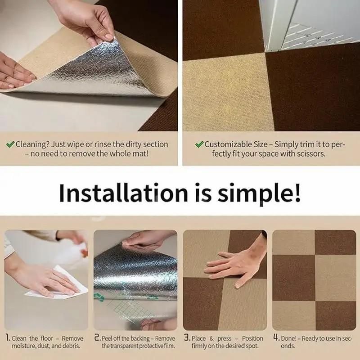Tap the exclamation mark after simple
click(297, 193)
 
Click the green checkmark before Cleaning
click(10, 144)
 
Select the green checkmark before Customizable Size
click(199, 144)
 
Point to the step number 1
click(8, 338)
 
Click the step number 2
click(97, 338)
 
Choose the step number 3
click(187, 338)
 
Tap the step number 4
click(276, 338)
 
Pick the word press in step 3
click(224, 339)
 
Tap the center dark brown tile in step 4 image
click(294, 278)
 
